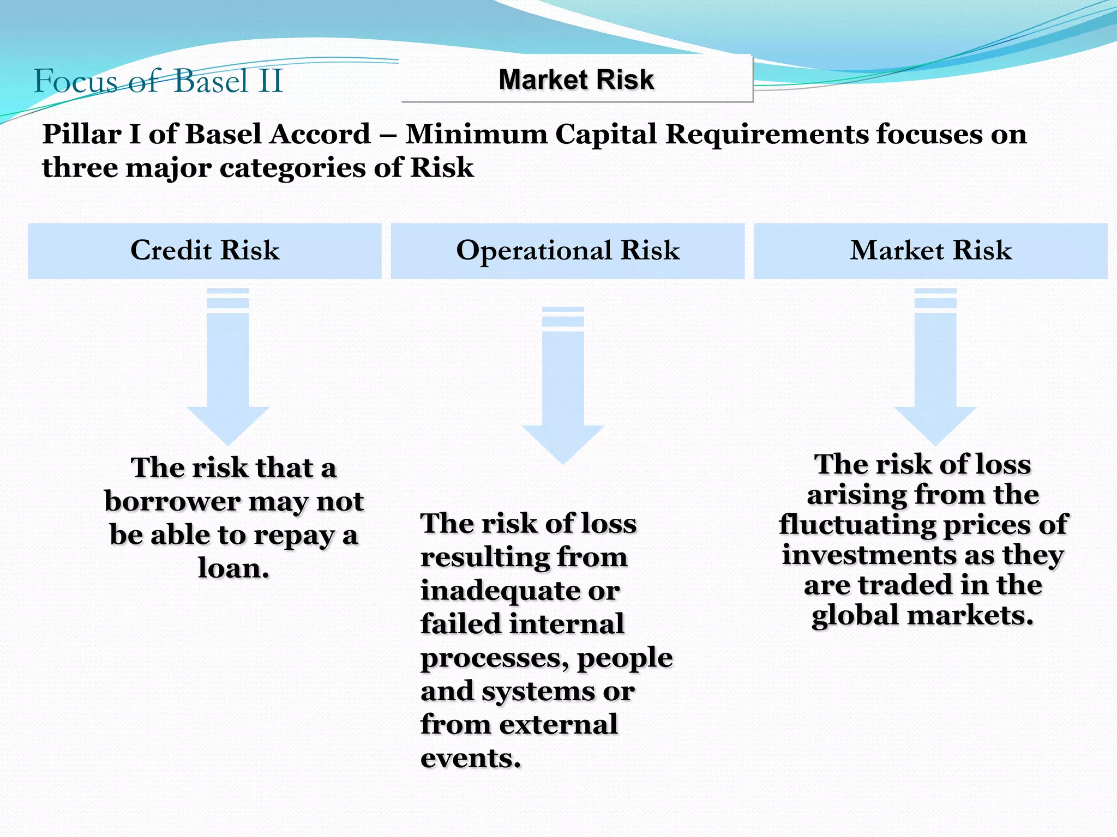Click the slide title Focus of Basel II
158,82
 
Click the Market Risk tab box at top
576,80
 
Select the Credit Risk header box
205,251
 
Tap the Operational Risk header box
567,251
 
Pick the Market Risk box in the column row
930,251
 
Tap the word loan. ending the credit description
233,568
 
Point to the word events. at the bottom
471,759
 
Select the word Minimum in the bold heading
476,134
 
